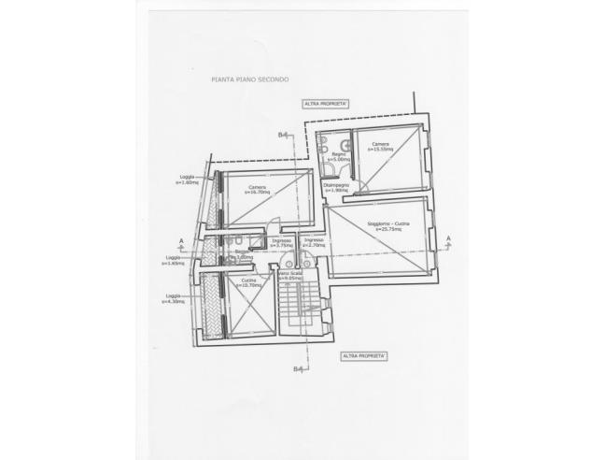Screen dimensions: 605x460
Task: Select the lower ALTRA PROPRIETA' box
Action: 364,356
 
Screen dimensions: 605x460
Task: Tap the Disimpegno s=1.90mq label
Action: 337,188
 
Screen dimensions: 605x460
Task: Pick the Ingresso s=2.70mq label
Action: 313,243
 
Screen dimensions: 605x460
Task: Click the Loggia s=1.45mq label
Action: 173,260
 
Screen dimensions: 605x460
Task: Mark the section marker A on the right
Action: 449,238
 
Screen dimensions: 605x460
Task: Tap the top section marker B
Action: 281,136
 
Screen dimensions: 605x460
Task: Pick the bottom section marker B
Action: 297,369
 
